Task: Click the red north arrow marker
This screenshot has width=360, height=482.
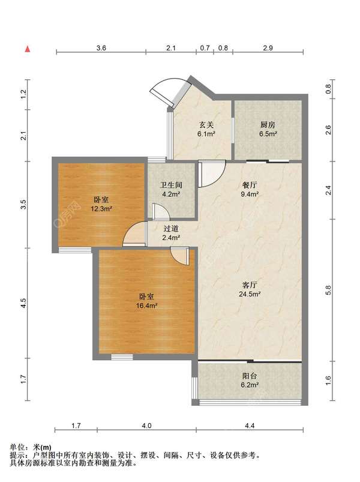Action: tap(28, 49)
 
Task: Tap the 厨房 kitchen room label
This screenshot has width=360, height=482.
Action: tap(268, 125)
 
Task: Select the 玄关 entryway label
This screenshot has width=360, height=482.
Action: tap(206, 125)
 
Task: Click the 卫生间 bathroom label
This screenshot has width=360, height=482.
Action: tap(171, 185)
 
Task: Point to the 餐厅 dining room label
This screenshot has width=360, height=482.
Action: tap(250, 185)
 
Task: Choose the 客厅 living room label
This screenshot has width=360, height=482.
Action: tap(250, 285)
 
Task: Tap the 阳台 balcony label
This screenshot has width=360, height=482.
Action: tap(250, 376)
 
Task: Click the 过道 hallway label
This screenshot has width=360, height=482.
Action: tap(171, 229)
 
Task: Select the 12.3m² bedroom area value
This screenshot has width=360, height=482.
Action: tap(101, 209)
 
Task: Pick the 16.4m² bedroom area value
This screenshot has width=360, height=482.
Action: tap(147, 306)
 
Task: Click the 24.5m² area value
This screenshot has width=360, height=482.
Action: tap(250, 294)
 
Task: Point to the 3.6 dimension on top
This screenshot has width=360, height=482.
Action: tap(101, 48)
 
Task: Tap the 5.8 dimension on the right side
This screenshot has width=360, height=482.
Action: tap(328, 290)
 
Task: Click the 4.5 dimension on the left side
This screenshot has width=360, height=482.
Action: tap(23, 303)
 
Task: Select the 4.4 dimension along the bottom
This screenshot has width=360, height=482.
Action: tap(250, 426)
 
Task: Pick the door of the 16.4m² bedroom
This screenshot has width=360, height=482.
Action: tap(179, 256)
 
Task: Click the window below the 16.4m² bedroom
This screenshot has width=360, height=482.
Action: tap(122, 357)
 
